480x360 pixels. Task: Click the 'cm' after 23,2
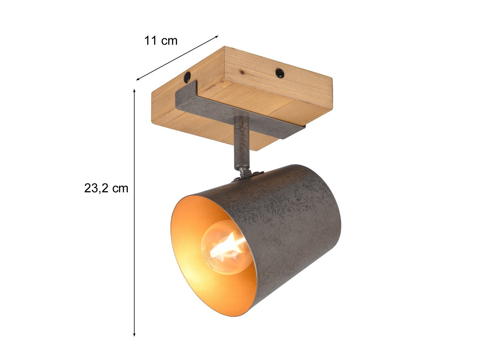pos(121,189)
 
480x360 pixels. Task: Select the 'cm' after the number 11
pos(169,41)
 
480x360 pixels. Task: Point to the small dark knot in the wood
pos(241,72)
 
